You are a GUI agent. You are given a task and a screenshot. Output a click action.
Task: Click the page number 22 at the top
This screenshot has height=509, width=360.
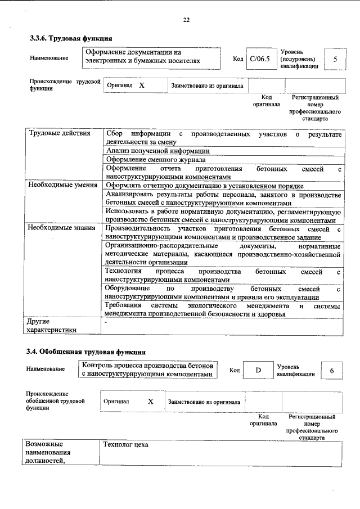click(x=186, y=20)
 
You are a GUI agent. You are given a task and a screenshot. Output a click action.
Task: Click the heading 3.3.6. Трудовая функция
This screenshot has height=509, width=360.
click(x=71, y=38)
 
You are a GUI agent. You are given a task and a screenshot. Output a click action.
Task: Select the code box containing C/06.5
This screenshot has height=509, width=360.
click(x=260, y=58)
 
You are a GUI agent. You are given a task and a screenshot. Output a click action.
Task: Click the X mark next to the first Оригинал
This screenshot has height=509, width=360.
click(x=142, y=85)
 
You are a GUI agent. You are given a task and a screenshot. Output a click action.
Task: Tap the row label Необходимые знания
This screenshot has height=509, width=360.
click(x=62, y=228)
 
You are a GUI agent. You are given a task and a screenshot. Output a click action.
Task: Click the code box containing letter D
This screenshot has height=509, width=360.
click(x=258, y=370)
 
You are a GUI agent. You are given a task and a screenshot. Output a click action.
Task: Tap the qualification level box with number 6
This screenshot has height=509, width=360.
click(x=332, y=370)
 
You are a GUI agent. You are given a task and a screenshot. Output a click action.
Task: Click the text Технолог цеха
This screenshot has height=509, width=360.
click(x=125, y=445)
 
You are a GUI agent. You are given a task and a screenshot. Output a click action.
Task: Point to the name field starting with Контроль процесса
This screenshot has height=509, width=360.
click(x=147, y=370)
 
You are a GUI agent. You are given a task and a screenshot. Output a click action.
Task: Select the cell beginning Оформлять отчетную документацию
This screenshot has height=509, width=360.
click(x=205, y=185)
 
